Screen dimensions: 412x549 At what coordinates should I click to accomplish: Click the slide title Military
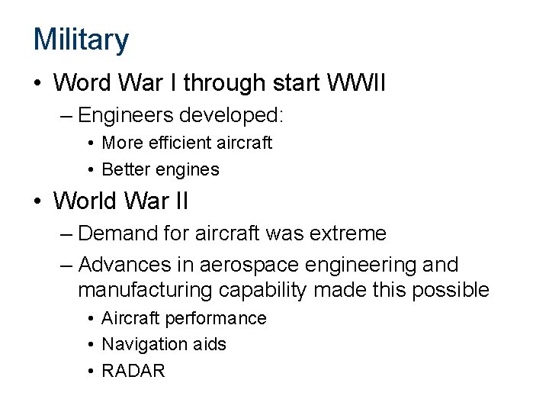click(x=81, y=39)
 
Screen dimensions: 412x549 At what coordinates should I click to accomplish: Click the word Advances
click(x=120, y=266)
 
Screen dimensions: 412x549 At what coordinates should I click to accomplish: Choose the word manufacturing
click(x=145, y=291)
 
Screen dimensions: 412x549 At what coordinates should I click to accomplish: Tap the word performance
click(x=223, y=318)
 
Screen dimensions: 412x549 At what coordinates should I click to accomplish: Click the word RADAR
click(x=133, y=372)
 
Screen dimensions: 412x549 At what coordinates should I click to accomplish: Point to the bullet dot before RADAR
click(x=91, y=372)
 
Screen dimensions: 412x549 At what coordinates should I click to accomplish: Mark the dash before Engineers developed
click(x=66, y=115)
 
